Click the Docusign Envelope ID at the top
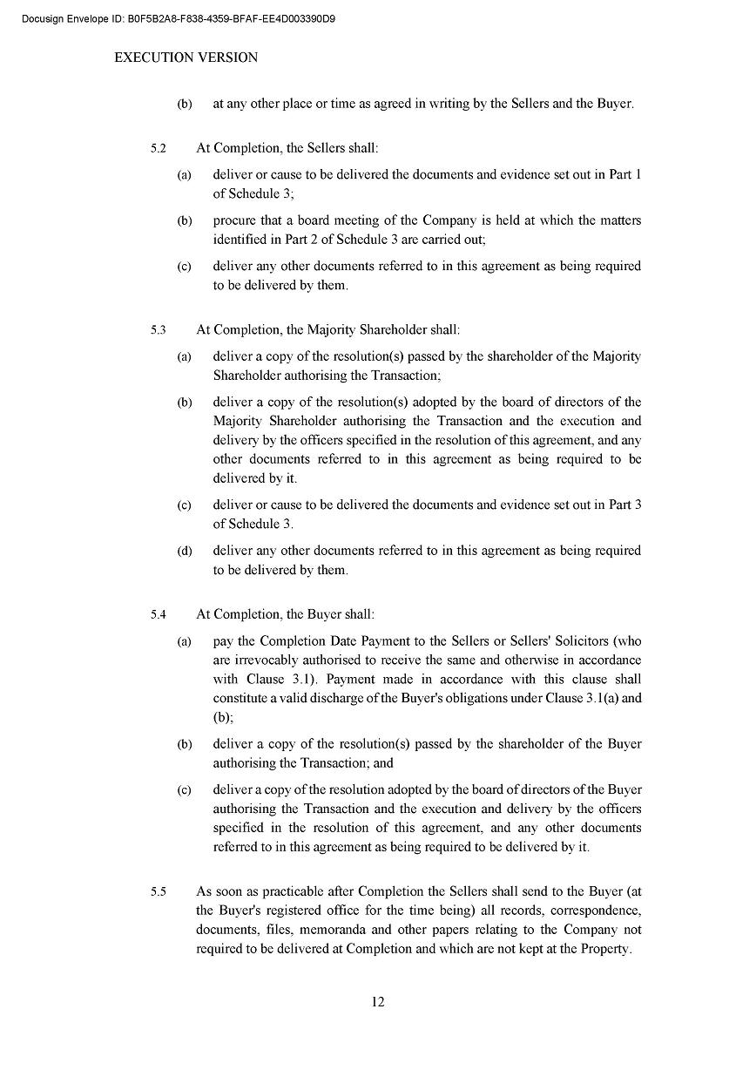[x=179, y=18]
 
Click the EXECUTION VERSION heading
[x=186, y=58]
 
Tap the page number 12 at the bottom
[x=378, y=1002]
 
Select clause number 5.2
[x=158, y=149]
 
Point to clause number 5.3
[x=158, y=330]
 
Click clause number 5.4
[x=158, y=615]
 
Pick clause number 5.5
[x=158, y=892]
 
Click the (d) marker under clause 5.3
[x=184, y=552]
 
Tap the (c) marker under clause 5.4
[x=184, y=790]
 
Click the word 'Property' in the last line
[x=604, y=949]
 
